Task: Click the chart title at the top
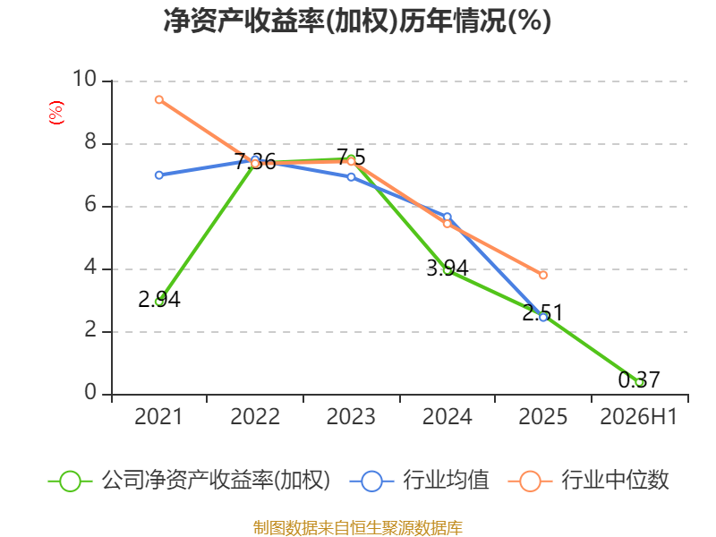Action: (x=357, y=21)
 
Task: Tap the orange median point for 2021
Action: (x=159, y=99)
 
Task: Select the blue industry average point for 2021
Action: (x=159, y=175)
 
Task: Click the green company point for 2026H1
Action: (x=640, y=383)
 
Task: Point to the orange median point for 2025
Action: (x=543, y=275)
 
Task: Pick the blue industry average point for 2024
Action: (x=447, y=217)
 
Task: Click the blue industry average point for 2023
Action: (x=351, y=176)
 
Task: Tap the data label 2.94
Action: (x=159, y=300)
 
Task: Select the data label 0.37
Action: (x=639, y=379)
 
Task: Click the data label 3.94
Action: (x=447, y=268)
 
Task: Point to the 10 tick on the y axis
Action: (x=84, y=79)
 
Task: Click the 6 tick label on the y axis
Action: (x=90, y=204)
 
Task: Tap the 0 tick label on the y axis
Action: (x=90, y=392)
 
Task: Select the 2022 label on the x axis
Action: (x=255, y=417)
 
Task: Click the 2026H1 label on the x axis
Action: (x=639, y=417)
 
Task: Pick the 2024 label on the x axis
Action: (x=447, y=417)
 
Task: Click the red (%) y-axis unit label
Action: (x=56, y=113)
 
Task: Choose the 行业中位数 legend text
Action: (x=615, y=481)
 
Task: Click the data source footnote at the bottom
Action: (x=358, y=527)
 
